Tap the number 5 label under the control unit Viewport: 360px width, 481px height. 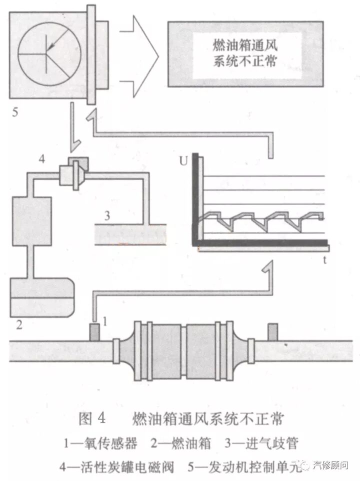coord(15,112)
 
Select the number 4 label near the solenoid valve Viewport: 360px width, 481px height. coord(43,159)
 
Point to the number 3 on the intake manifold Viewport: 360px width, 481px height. coord(106,216)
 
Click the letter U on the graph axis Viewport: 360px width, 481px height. coord(183,161)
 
